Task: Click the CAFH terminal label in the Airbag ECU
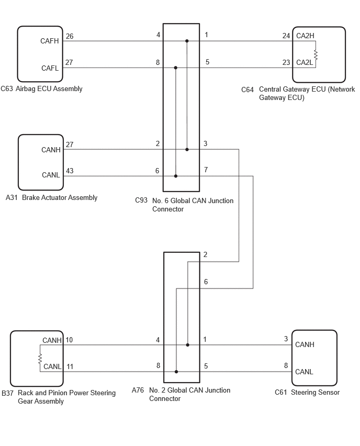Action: tap(50, 41)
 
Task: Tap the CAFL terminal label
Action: tap(50, 68)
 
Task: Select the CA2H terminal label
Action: tap(305, 36)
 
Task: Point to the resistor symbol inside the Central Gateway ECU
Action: tap(316, 54)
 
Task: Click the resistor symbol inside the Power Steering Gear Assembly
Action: tap(40, 359)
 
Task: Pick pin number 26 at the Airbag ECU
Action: tap(70, 37)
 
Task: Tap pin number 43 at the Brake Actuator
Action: tap(70, 171)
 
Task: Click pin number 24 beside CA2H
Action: tap(286, 36)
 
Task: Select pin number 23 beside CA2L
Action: tap(286, 63)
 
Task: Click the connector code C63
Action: tap(7, 89)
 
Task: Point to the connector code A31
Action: tap(12, 197)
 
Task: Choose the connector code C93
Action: tap(141, 200)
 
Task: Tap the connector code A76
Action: tap(138, 391)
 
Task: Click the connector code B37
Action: tap(8, 393)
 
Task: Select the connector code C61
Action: tap(280, 393)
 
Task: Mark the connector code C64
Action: tap(248, 90)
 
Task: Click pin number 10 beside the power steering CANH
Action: tap(69, 340)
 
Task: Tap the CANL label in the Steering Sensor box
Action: tap(304, 372)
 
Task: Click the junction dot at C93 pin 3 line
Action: tap(187, 149)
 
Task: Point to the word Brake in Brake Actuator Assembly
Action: tap(30, 197)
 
